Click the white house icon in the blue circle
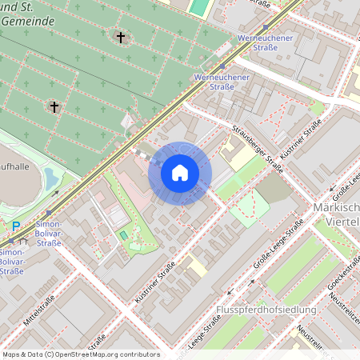point(180,173)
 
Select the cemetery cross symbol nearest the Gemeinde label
point(121,38)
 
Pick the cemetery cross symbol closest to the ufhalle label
point(55,106)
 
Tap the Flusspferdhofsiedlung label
point(266,310)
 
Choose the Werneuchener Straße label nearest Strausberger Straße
point(222,82)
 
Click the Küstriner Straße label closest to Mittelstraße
point(155,286)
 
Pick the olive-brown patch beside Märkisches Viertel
point(274,189)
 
